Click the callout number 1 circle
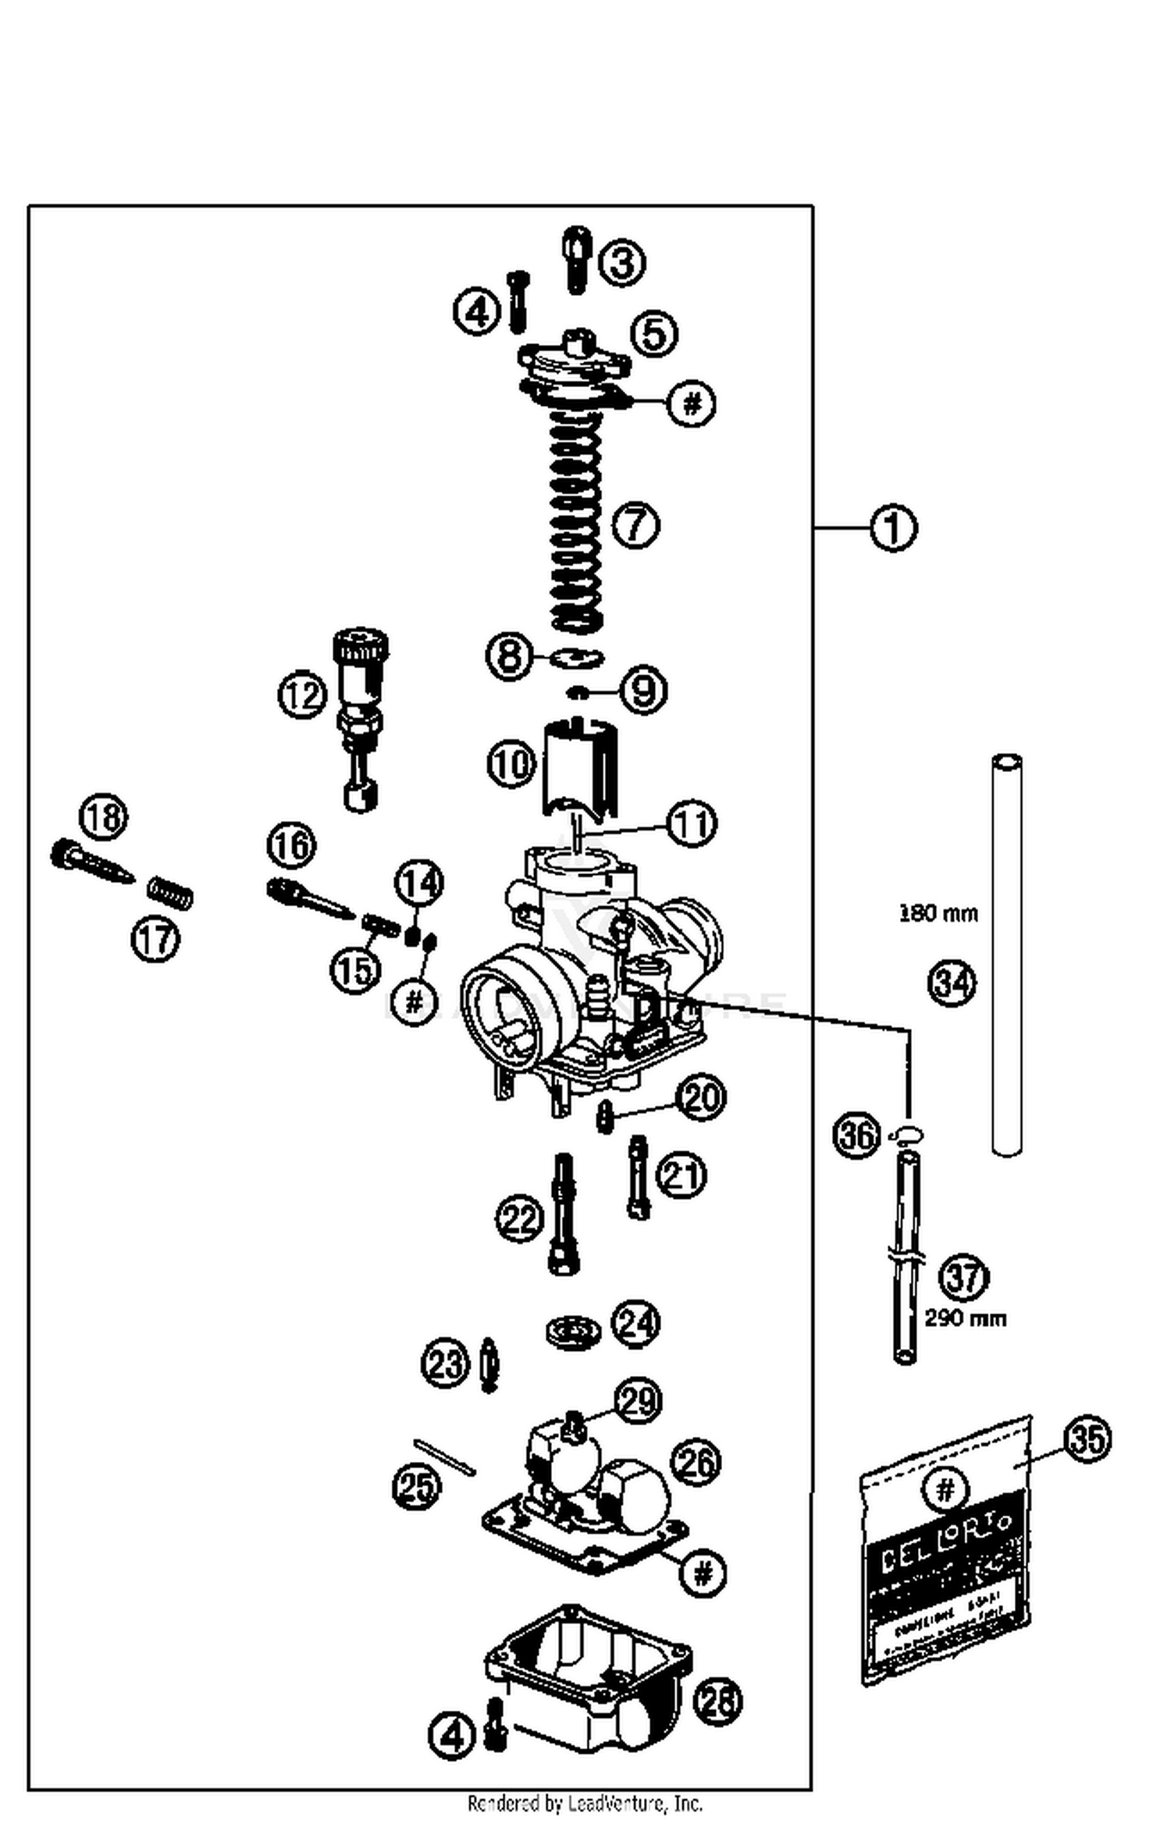893,528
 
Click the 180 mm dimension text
938,913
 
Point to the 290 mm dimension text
966,1318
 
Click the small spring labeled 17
171,892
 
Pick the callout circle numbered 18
104,816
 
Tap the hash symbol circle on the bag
945,1491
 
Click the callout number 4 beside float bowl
452,1736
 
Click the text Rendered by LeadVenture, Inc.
585,1803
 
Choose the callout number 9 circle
643,690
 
